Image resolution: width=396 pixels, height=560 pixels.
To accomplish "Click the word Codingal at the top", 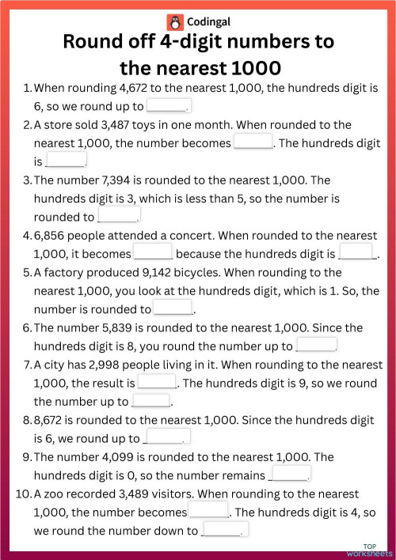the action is (x=208, y=22).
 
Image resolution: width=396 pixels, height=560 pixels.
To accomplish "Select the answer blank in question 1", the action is (x=167, y=106).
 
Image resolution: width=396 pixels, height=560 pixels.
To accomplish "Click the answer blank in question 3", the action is (x=117, y=216).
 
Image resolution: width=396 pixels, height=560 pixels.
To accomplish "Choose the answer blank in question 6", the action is (x=316, y=346).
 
